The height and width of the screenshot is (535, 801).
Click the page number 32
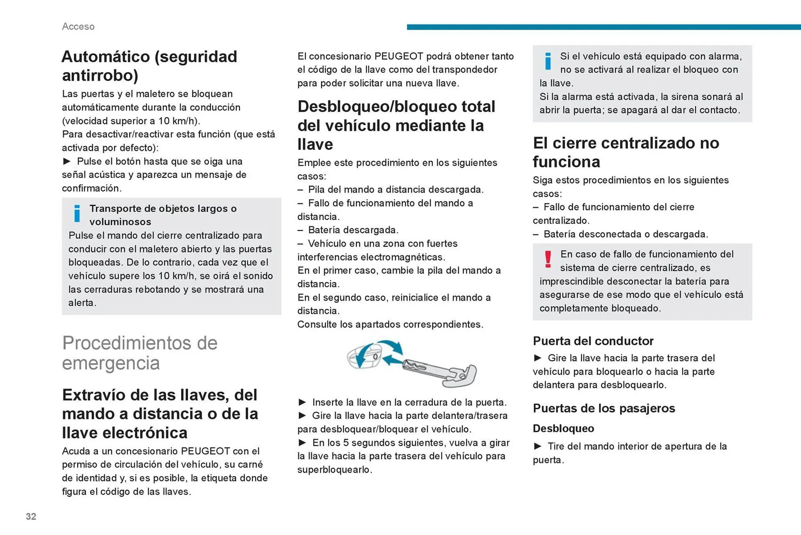31,517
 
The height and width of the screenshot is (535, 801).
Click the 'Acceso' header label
78,26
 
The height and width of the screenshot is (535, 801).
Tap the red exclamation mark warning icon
548,259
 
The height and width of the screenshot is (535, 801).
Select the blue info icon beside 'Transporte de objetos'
77,213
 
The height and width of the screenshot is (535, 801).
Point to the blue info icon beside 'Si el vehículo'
548,61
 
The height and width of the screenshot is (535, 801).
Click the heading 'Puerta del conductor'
593,341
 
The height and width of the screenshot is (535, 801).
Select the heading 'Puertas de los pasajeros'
604,408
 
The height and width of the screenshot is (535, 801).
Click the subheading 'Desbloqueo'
563,429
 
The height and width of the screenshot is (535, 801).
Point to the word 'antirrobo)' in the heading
100,75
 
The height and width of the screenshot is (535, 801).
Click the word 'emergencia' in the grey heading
111,363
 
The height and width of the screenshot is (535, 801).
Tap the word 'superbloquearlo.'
335,469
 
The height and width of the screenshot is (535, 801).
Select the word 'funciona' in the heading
566,162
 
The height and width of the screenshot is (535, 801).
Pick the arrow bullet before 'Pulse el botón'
67,161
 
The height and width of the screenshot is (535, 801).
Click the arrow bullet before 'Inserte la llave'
302,402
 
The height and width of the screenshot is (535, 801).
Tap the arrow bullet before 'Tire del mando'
538,446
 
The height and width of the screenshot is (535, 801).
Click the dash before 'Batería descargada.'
300,230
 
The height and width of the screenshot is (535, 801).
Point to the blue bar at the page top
603,27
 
